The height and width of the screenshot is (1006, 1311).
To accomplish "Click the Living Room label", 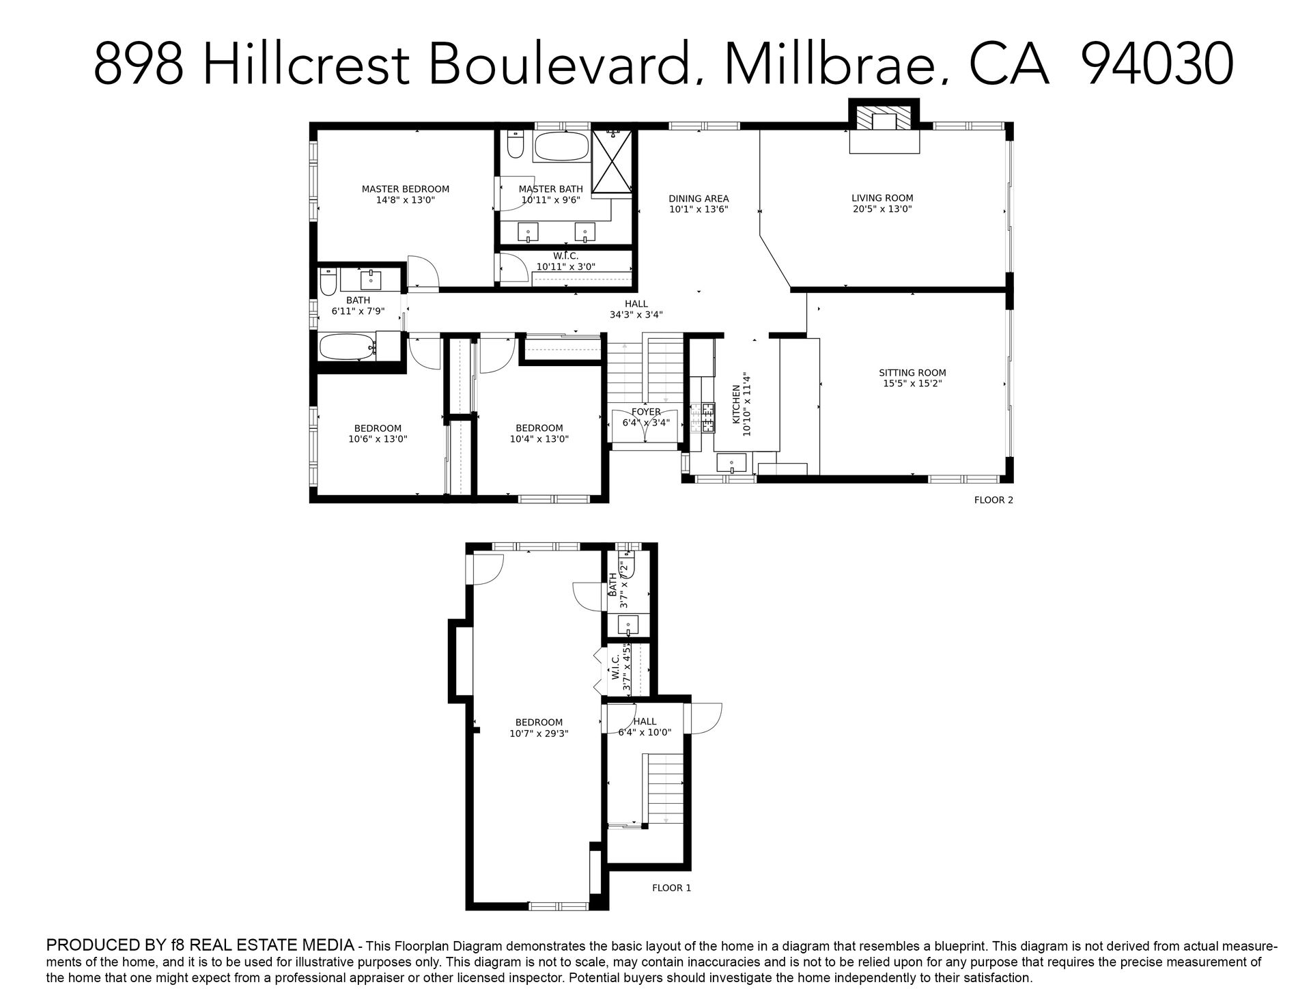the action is tap(882, 198).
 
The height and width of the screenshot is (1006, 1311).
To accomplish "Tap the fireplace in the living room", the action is tap(884, 126).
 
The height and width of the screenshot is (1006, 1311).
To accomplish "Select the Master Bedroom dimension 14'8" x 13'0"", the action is tap(405, 201).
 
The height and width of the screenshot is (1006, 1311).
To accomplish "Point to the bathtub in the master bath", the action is tap(561, 146).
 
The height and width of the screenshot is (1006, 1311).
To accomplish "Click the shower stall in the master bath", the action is tap(612, 162).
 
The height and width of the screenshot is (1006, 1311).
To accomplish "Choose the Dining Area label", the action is tap(699, 199).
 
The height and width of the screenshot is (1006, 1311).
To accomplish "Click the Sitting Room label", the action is tap(912, 373).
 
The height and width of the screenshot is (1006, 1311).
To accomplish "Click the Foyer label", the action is tap(646, 412).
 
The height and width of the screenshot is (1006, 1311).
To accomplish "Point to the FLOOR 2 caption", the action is tap(993, 500).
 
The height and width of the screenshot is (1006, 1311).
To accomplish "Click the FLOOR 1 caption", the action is tap(672, 888).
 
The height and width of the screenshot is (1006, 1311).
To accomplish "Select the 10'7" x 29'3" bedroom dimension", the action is tap(539, 733).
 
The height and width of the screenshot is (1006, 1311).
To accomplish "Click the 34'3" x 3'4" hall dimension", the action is tap(636, 315).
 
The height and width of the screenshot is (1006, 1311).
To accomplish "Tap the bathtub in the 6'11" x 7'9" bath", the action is tap(348, 346).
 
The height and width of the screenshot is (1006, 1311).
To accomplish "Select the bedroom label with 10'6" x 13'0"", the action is tap(378, 429).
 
